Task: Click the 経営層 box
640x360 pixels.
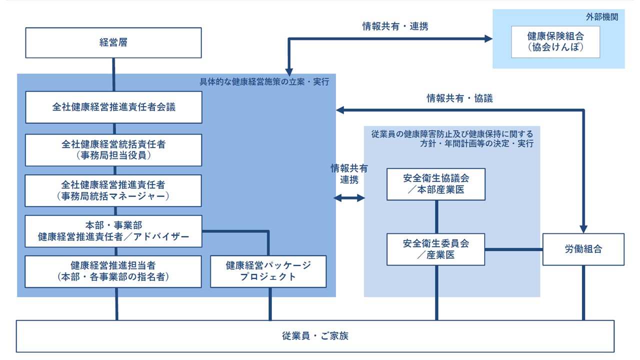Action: pos(113,42)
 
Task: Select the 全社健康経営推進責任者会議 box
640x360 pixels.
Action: pos(113,107)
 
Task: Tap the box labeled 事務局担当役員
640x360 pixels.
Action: pos(113,150)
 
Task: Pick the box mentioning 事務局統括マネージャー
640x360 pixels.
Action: pos(113,190)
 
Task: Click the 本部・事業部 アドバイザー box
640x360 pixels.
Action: pos(113,231)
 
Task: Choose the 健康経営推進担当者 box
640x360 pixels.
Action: pos(113,271)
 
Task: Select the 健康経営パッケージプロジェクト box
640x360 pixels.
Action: pos(268,271)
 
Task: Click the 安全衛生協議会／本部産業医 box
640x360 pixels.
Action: pos(436,184)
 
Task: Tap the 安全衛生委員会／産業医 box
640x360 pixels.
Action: pos(436,249)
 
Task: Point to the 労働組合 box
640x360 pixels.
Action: pos(583,249)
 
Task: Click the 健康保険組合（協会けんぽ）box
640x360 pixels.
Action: pos(555,42)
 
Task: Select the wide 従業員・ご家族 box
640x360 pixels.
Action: pos(315,336)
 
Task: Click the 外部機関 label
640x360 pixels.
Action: pos(602,16)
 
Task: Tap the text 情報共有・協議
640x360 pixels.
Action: pos(459,98)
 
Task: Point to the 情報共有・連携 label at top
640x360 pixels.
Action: pos(395,26)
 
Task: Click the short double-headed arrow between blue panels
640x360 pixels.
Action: pos(349,198)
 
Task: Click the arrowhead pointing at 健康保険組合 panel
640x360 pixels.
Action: pos(488,38)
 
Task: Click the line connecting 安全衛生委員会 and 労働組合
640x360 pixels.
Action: pos(514,249)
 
